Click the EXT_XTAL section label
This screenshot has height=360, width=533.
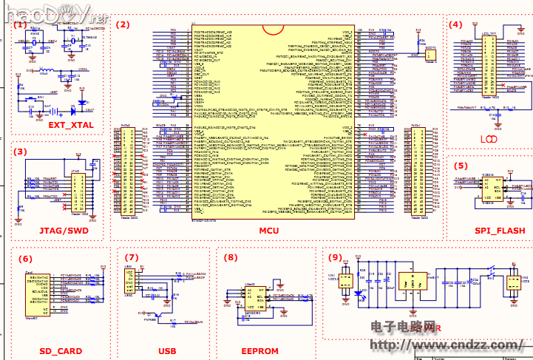(71, 125)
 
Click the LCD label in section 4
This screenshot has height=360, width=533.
(489, 139)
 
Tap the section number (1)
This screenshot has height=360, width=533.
(20, 24)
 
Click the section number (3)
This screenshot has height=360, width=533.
(20, 152)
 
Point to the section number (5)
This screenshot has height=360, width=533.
(461, 166)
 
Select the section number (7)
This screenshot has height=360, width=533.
(132, 257)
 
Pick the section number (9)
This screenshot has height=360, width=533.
(335, 257)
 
